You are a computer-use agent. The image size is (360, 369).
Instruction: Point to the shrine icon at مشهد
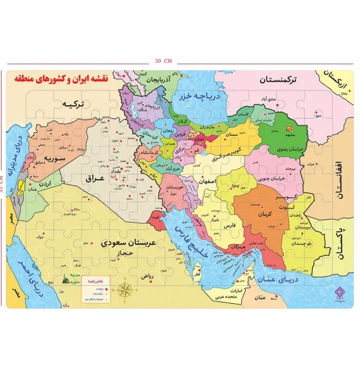[290, 127]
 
